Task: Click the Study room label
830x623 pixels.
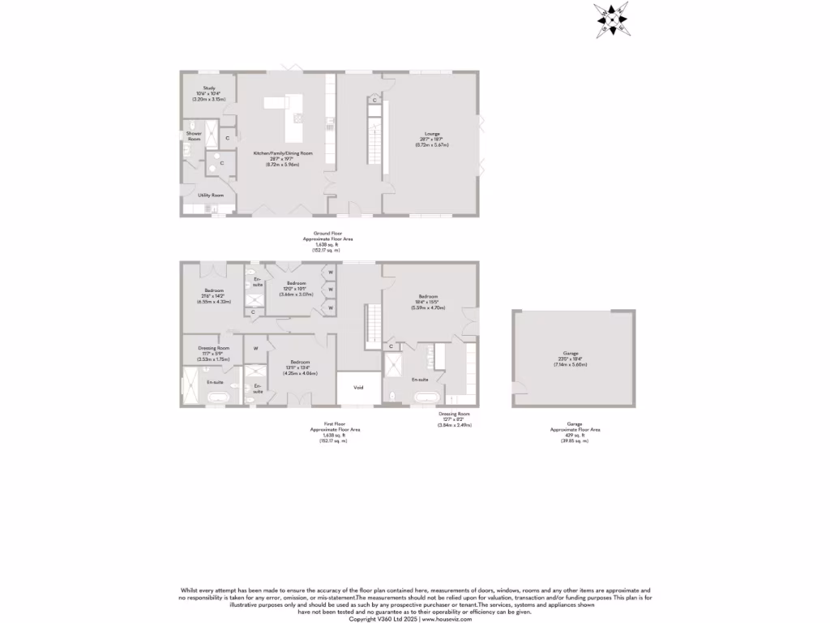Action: coord(209,92)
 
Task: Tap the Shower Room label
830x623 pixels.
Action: coord(194,136)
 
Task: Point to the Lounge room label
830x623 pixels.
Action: coord(431,140)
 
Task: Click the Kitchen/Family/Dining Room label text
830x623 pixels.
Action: coord(283,158)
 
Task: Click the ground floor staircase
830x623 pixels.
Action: coord(374,143)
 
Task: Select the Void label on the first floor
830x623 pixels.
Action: coord(358,388)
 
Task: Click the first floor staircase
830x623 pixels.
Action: coord(373,324)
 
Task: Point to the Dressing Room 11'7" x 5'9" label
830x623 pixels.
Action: coord(214,353)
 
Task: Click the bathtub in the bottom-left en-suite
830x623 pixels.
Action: coord(217,398)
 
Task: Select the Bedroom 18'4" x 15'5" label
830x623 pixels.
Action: coord(429,302)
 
